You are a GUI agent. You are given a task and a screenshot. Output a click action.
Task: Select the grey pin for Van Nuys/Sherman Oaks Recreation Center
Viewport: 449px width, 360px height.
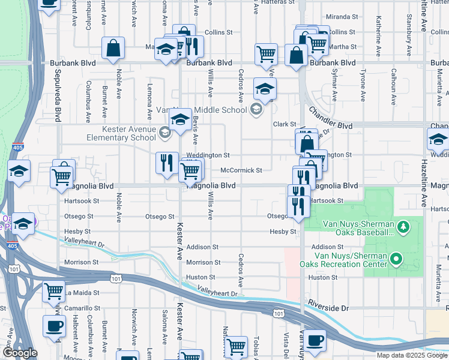pos(396,259)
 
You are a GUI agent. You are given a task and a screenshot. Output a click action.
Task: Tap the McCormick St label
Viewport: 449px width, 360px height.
pos(241,170)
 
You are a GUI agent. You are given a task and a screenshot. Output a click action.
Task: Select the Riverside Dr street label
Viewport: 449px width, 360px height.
pos(328,308)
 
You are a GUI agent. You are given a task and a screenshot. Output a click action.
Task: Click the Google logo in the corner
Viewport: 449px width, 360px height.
pos(20,353)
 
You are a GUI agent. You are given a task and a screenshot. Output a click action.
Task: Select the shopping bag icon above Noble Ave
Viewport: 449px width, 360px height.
pos(113,48)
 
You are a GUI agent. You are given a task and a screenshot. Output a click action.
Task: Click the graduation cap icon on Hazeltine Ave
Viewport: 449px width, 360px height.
pos(438,139)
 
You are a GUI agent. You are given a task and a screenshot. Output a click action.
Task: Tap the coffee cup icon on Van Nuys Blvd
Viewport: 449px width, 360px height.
pos(314,341)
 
